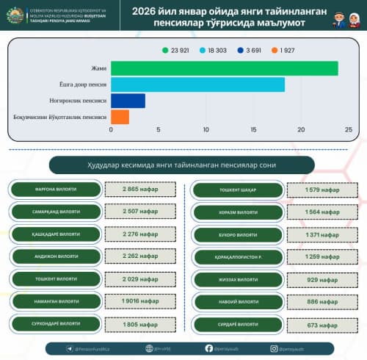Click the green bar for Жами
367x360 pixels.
click(x=224, y=68)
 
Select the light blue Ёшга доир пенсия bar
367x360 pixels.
click(x=197, y=84)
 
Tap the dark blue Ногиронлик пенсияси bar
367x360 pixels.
click(x=128, y=101)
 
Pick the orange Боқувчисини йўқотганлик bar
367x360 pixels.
click(x=120, y=117)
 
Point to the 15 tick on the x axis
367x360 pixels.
click(x=253, y=130)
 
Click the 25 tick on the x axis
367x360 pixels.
click(x=348, y=130)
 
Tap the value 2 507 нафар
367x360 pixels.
click(x=139, y=212)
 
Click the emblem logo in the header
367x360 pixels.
click(x=17, y=15)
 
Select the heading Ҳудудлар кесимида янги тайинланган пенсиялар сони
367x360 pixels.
click(x=181, y=165)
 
